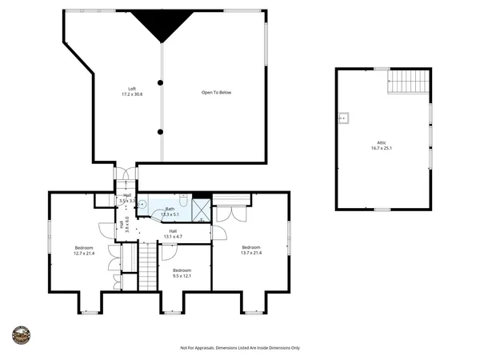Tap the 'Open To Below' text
tap(215, 93)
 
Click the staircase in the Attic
tap(409, 82)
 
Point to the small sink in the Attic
tap(344, 118)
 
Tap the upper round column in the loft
tap(161, 82)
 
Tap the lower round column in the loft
tap(161, 131)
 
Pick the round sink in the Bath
tap(142, 204)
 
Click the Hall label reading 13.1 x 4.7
tap(172, 234)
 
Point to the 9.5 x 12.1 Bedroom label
tap(182, 274)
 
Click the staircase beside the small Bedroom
tap(149, 266)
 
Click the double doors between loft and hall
tap(126, 173)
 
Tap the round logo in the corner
tap(22, 335)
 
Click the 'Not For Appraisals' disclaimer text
tap(239, 348)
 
